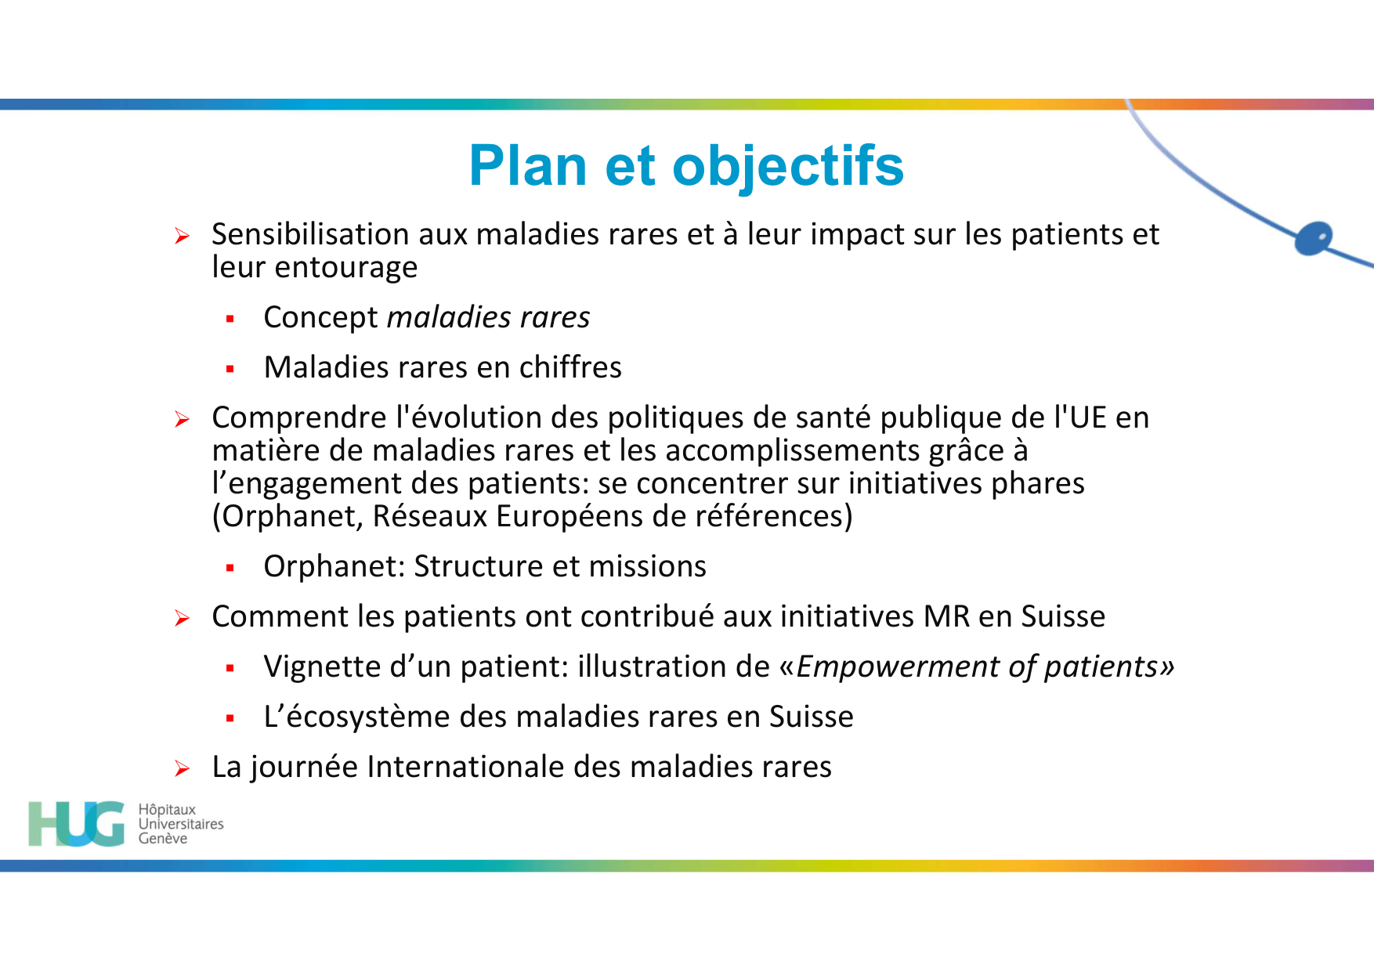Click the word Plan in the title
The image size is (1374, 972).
coord(528,166)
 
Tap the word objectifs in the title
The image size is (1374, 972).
coord(787,166)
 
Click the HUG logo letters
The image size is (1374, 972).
coord(76,823)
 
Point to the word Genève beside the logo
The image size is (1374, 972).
coord(163,839)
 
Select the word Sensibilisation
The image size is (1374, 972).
coord(310,234)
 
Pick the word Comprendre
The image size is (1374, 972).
coord(299,418)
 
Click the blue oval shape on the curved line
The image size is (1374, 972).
coord(1314,238)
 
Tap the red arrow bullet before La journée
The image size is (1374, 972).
coord(182,769)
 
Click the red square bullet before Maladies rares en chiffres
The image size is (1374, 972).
coord(230,369)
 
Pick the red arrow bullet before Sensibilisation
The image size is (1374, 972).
coord(182,237)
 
